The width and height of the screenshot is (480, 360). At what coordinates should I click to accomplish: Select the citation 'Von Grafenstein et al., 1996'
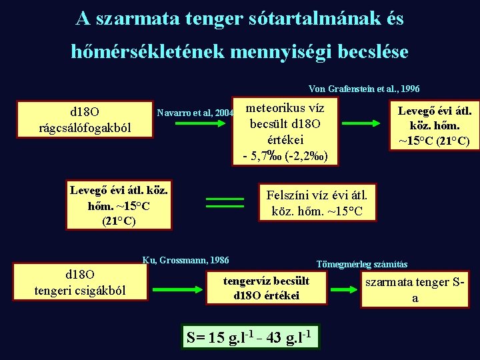(364, 89)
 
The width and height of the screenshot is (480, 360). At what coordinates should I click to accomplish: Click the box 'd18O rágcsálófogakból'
(85, 119)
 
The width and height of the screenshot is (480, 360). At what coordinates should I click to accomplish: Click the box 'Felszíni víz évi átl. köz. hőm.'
(317, 203)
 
